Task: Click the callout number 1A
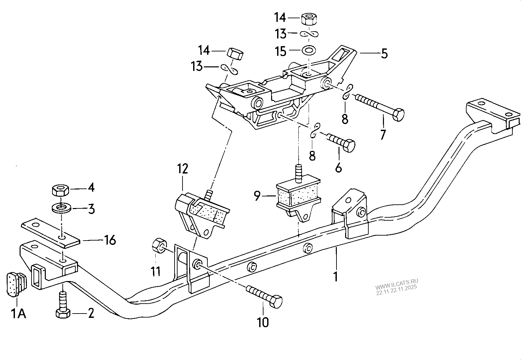click(19, 313)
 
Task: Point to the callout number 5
click(384, 53)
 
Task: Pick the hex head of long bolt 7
click(398, 115)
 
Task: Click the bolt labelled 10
click(265, 296)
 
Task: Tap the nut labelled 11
click(159, 246)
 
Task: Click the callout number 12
click(182, 169)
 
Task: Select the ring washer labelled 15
click(309, 51)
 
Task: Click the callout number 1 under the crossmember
click(335, 276)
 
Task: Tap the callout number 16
click(110, 240)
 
